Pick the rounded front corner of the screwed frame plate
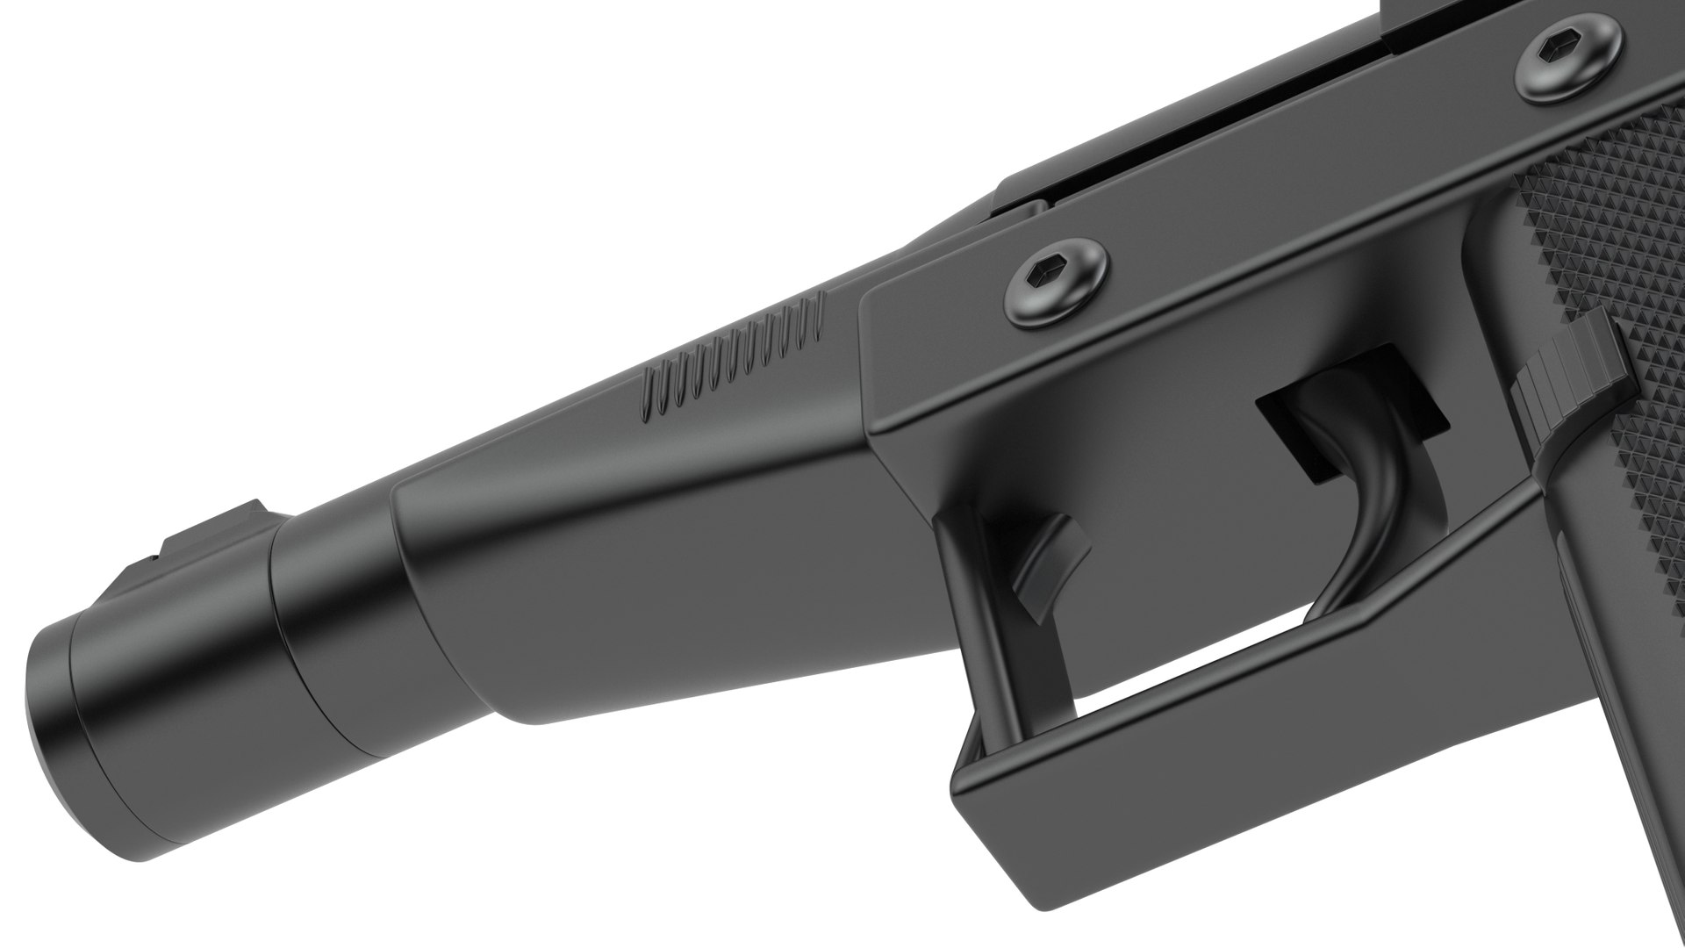click(x=878, y=307)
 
